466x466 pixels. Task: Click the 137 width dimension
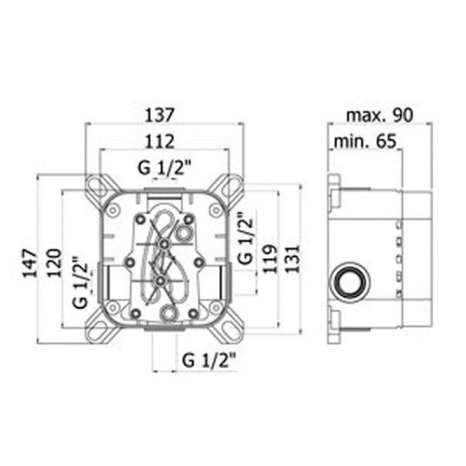pos(159,115)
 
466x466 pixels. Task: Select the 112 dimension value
pos(160,142)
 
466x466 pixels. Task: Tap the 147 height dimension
pos(30,263)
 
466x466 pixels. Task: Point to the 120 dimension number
pos(54,263)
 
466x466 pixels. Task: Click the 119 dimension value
pos(270,259)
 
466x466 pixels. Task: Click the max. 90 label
pos(380,115)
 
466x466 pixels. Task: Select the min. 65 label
pos(365,142)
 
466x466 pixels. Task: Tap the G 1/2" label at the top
pos(164,168)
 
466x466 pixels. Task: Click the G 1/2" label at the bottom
pos(209,361)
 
